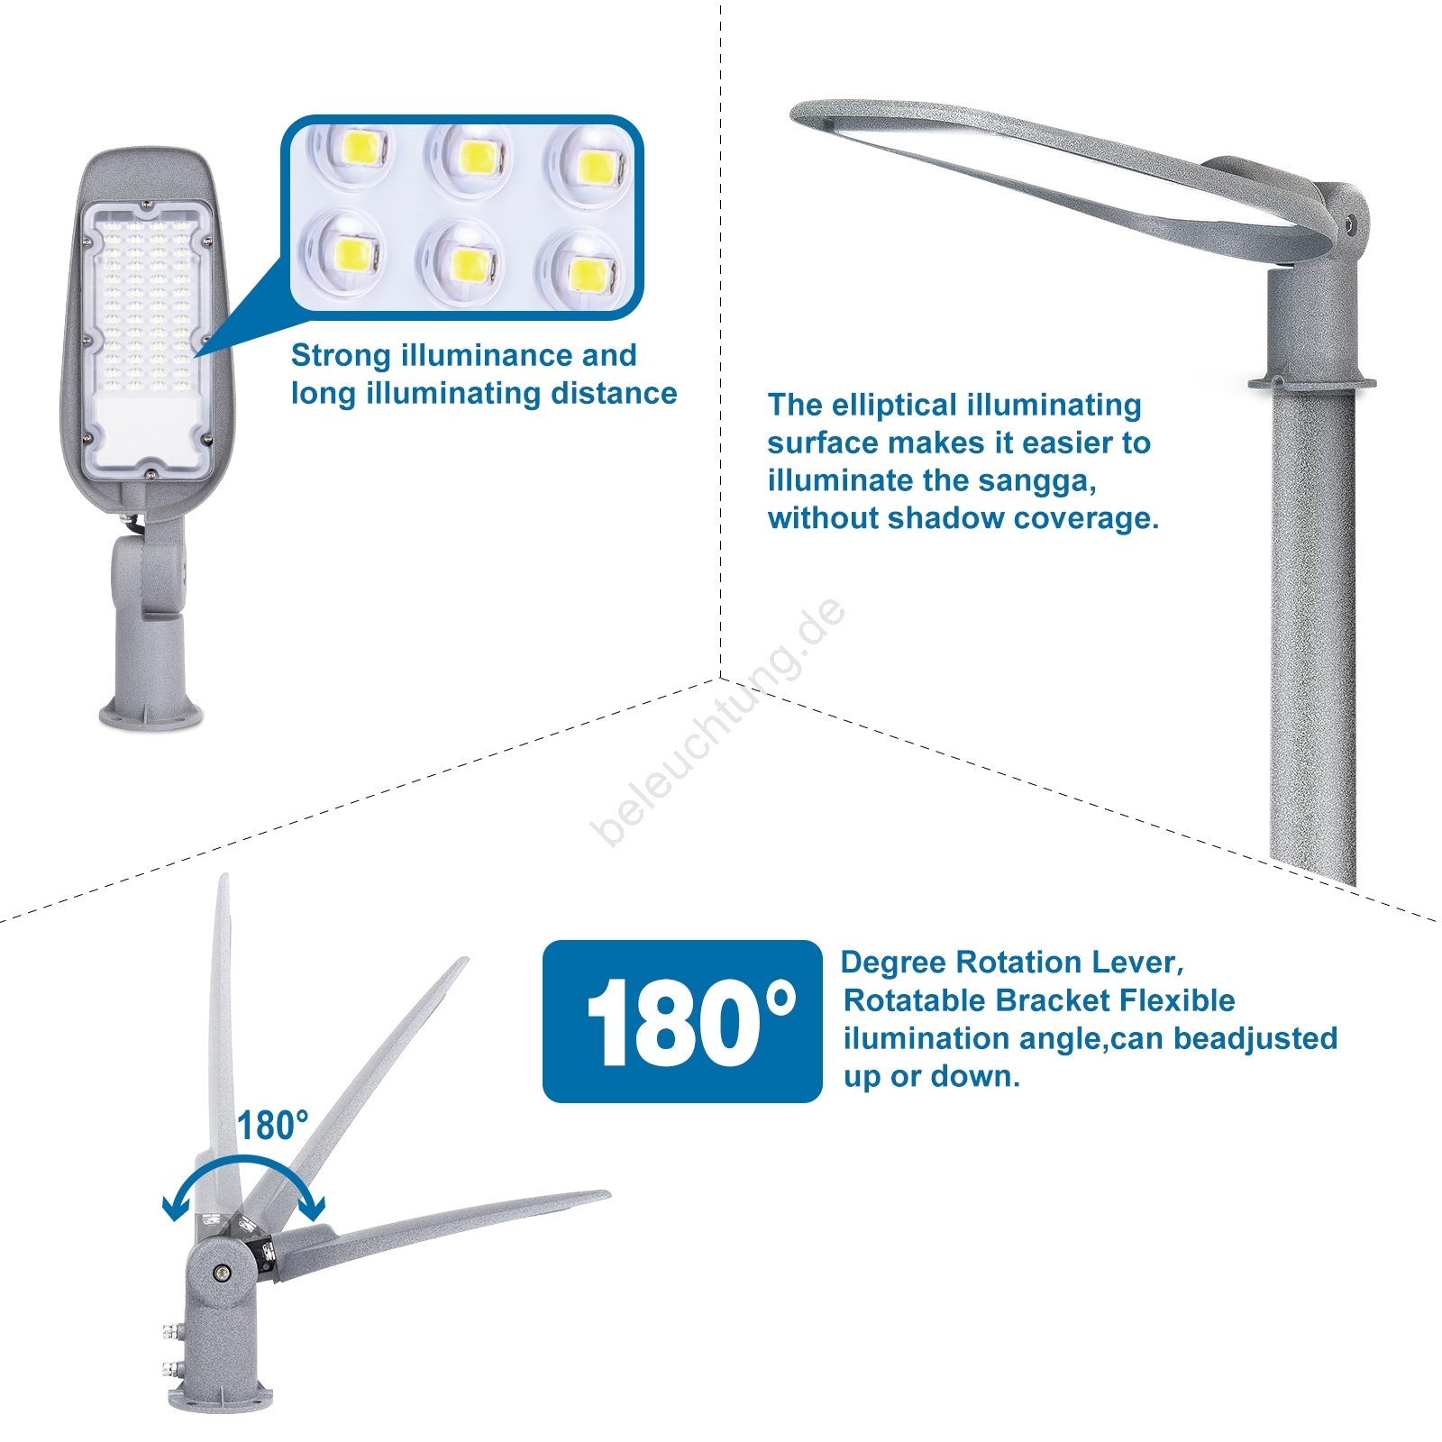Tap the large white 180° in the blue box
pyautogui.click(x=691, y=1022)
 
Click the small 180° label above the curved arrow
pyautogui.click(x=272, y=1126)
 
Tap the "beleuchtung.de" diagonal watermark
pyautogui.click(x=718, y=721)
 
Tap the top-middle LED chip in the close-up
pyautogui.click(x=478, y=157)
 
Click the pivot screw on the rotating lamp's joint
pyautogui.click(x=221, y=1273)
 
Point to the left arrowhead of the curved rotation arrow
pyautogui.click(x=174, y=1208)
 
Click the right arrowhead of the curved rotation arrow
pyautogui.click(x=313, y=1207)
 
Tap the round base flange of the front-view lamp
pyautogui.click(x=151, y=713)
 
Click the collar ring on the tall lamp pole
pyautogui.click(x=1312, y=384)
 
